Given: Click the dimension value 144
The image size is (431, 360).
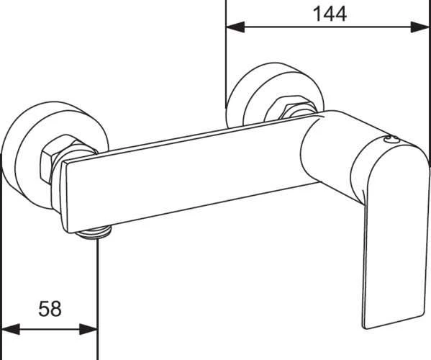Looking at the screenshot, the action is coord(330,14).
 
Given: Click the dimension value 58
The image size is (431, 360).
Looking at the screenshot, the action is coord(50,309).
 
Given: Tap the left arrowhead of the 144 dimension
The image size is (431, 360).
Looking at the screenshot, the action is coord(235,27).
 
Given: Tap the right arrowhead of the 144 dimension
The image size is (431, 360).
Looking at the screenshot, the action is coord(419,27).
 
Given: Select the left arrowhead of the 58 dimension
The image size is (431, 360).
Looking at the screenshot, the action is coord(11,329).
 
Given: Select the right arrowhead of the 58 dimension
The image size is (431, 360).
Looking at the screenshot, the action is coord(89,329).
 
